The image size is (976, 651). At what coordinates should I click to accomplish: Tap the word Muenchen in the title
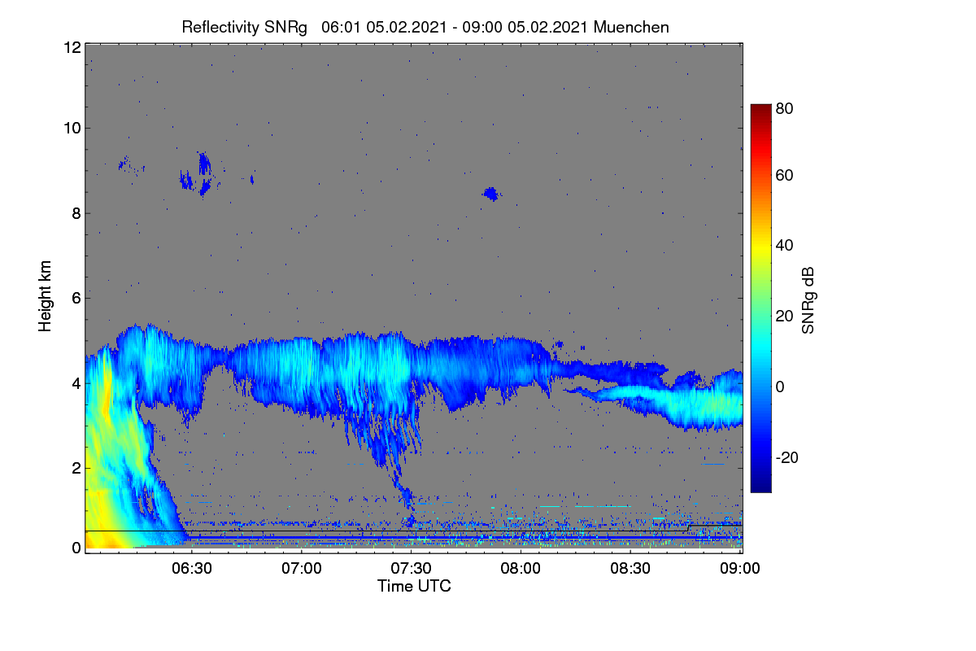click(x=631, y=28)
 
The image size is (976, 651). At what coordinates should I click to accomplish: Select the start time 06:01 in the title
click(x=341, y=28)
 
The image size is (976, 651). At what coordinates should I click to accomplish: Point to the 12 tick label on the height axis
click(x=72, y=47)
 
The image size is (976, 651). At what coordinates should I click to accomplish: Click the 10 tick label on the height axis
click(x=72, y=129)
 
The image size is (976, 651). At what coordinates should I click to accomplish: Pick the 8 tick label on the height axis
click(x=76, y=213)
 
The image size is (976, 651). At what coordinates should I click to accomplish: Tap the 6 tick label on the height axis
click(x=76, y=299)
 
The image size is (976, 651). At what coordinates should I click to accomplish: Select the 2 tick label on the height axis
click(x=76, y=468)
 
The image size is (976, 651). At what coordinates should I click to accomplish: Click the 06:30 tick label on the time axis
click(x=192, y=568)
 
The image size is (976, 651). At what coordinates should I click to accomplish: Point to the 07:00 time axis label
click(x=302, y=568)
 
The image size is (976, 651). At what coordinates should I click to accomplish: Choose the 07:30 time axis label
click(x=411, y=568)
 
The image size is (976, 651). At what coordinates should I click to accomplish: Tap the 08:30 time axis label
click(x=630, y=568)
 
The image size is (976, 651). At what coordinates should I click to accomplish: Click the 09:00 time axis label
click(x=740, y=568)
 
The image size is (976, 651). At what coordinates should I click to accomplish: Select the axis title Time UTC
click(x=414, y=586)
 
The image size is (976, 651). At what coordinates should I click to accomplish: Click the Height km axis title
click(x=45, y=296)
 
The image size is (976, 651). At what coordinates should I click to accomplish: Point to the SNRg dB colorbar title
click(x=808, y=300)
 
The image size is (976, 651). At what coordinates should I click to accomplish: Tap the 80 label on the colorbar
click(x=784, y=108)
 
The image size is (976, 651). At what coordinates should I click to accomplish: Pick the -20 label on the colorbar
click(x=787, y=457)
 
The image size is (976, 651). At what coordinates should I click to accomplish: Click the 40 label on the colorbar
click(x=784, y=246)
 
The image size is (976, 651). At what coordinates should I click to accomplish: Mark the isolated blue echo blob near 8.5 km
click(x=491, y=194)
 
